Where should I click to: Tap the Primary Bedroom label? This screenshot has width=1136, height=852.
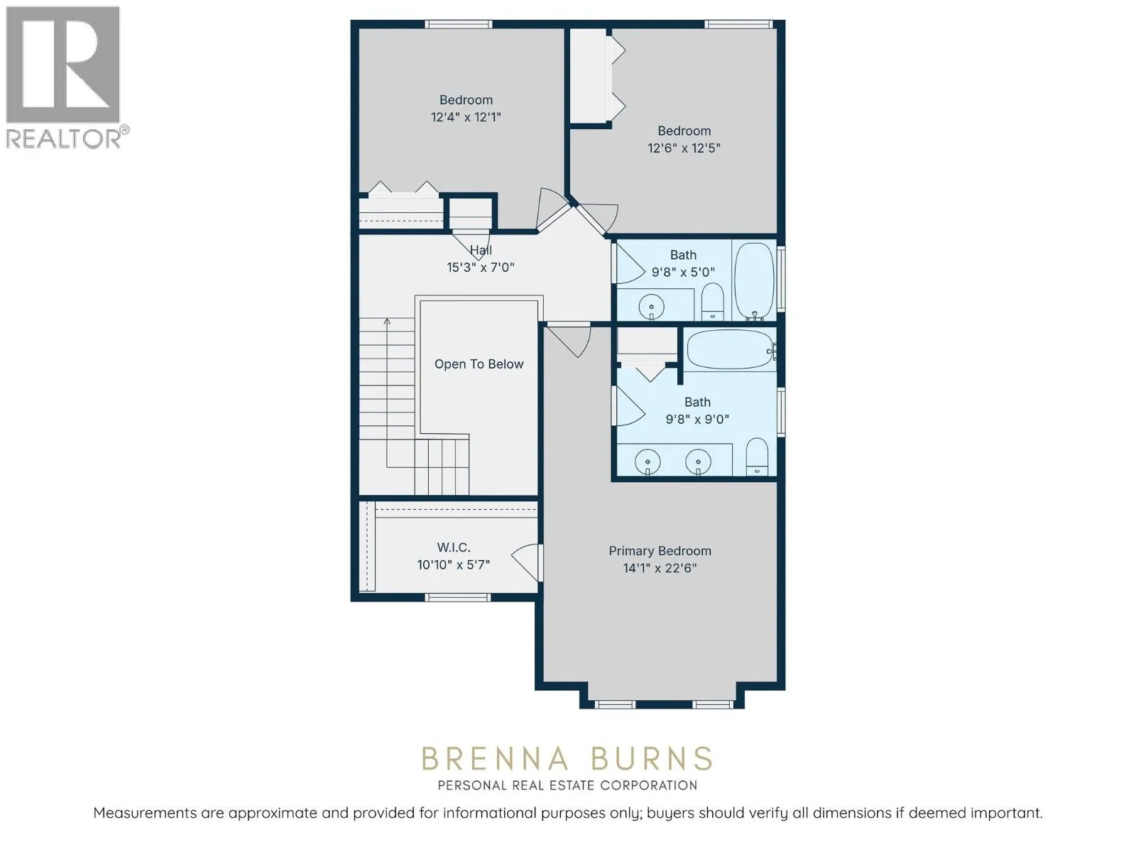(660, 551)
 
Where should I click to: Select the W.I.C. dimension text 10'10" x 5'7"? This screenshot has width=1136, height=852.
(454, 564)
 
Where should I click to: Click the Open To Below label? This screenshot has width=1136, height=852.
(479, 364)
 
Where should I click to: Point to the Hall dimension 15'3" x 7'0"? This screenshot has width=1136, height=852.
(480, 268)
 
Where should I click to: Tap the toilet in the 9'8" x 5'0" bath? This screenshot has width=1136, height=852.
(713, 302)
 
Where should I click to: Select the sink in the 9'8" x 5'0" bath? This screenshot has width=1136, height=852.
(651, 307)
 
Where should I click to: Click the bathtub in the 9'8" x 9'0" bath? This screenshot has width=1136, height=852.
(731, 350)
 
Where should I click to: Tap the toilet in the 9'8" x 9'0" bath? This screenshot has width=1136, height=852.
(757, 457)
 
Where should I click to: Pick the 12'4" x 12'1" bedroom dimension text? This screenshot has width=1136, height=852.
(466, 117)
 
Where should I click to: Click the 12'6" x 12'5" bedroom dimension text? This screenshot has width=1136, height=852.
(684, 148)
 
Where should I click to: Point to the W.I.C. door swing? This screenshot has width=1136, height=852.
(526, 562)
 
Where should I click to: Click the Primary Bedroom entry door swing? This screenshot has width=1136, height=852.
(572, 340)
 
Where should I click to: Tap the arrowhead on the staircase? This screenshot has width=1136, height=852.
(387, 322)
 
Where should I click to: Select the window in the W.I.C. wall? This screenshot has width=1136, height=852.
(457, 598)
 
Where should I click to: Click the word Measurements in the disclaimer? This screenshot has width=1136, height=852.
(145, 813)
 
